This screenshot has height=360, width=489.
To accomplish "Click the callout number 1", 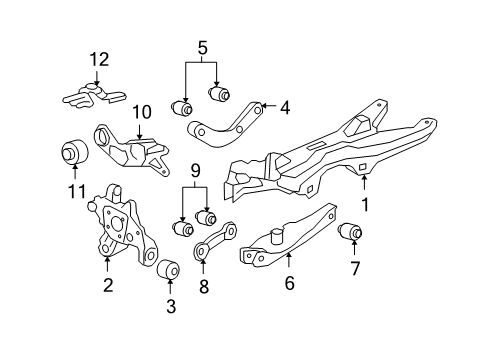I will (364, 204).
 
